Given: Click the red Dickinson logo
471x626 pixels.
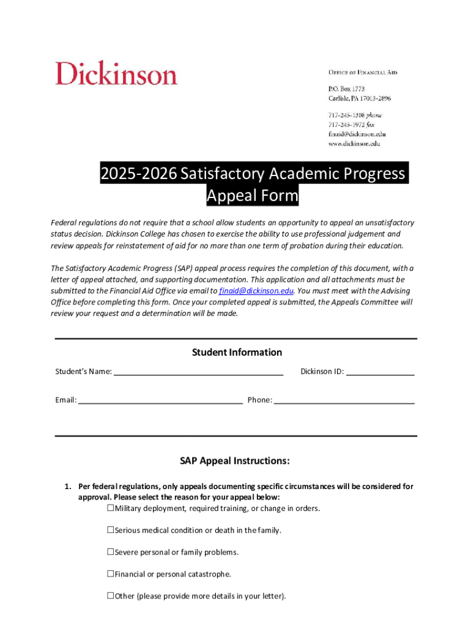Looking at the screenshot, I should click(116, 74).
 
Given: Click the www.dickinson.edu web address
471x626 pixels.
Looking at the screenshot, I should click(355, 144).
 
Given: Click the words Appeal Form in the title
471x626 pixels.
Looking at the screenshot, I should click(252, 196).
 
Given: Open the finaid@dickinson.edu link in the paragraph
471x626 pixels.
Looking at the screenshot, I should click(256, 290).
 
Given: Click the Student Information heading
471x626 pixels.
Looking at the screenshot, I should click(237, 352).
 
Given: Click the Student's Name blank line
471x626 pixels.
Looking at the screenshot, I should click(198, 372).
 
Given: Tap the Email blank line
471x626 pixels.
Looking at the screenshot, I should click(160, 400).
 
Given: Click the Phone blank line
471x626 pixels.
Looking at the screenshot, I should click(344, 400).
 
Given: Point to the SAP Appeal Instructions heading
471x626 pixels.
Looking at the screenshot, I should click(234, 460).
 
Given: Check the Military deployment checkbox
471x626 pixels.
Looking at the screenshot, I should click(111, 508).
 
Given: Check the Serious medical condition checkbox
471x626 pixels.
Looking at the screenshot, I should click(111, 530).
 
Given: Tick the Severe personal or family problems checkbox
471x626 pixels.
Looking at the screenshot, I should click(111, 552).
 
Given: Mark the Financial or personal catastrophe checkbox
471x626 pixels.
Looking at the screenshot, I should click(111, 574).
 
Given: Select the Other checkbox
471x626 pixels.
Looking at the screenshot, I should click(111, 595).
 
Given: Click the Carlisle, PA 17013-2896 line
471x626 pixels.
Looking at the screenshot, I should click(360, 98).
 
